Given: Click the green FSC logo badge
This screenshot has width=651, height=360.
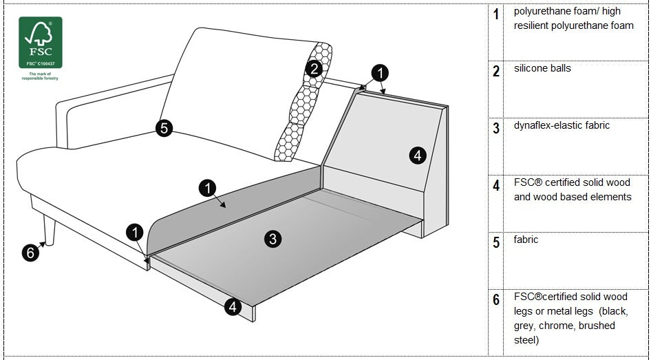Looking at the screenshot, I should coord(41,42).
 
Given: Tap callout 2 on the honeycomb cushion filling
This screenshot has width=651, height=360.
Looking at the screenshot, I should coord(314,68).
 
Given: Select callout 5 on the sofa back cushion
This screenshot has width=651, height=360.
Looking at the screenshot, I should coord(164,128).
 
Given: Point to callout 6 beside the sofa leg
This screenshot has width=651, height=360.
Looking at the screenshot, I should coord(30,253).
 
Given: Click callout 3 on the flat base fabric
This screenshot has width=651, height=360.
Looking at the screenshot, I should coord(273,239).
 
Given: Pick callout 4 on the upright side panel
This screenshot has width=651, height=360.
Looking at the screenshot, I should coord(417,156).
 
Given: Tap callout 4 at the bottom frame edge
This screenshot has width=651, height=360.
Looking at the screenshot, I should coord(233,307).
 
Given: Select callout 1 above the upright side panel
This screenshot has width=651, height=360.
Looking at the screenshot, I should coord(379,72).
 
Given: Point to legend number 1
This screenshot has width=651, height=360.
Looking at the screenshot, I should coord(496,14).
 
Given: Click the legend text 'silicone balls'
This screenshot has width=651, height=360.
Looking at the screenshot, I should coord(542,69).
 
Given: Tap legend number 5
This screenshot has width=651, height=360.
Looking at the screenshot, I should coord(496,242).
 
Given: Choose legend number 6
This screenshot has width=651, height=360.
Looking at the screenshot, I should coord(496,299).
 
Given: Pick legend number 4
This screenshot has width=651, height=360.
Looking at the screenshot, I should coord(496,185).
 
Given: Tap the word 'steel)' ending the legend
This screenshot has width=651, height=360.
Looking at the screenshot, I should coord(527,340).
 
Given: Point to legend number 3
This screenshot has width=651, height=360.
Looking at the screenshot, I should coord(496,128).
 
